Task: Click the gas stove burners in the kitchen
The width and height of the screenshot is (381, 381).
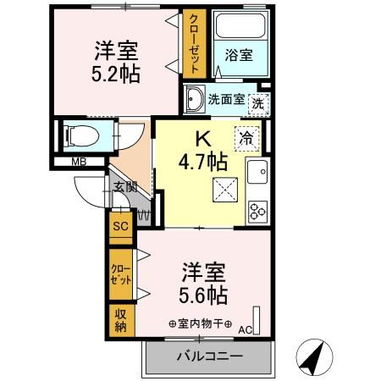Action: coord(257,207)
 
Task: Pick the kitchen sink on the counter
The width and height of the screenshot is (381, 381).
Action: coord(257,174)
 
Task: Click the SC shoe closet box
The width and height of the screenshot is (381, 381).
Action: coord(119,227)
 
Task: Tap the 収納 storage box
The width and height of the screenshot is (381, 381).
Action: coord(119,318)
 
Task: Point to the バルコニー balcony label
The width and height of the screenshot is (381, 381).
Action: coord(209,356)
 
